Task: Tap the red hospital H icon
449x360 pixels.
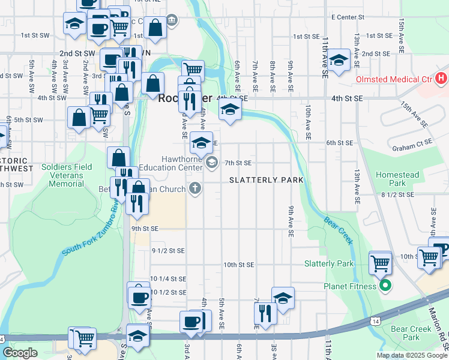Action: [442, 78]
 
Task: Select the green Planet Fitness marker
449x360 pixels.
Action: [386, 286]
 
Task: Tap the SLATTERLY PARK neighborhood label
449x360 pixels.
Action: [266, 180]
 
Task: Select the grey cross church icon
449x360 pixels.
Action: [193, 189]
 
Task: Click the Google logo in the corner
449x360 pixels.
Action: [20, 352]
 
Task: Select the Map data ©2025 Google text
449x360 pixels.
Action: [412, 355]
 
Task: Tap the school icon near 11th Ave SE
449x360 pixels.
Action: [339, 59]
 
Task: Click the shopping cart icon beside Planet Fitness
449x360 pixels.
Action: [380, 262]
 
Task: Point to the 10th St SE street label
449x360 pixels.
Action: [239, 265]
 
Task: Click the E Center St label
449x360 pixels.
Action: [349, 17]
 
